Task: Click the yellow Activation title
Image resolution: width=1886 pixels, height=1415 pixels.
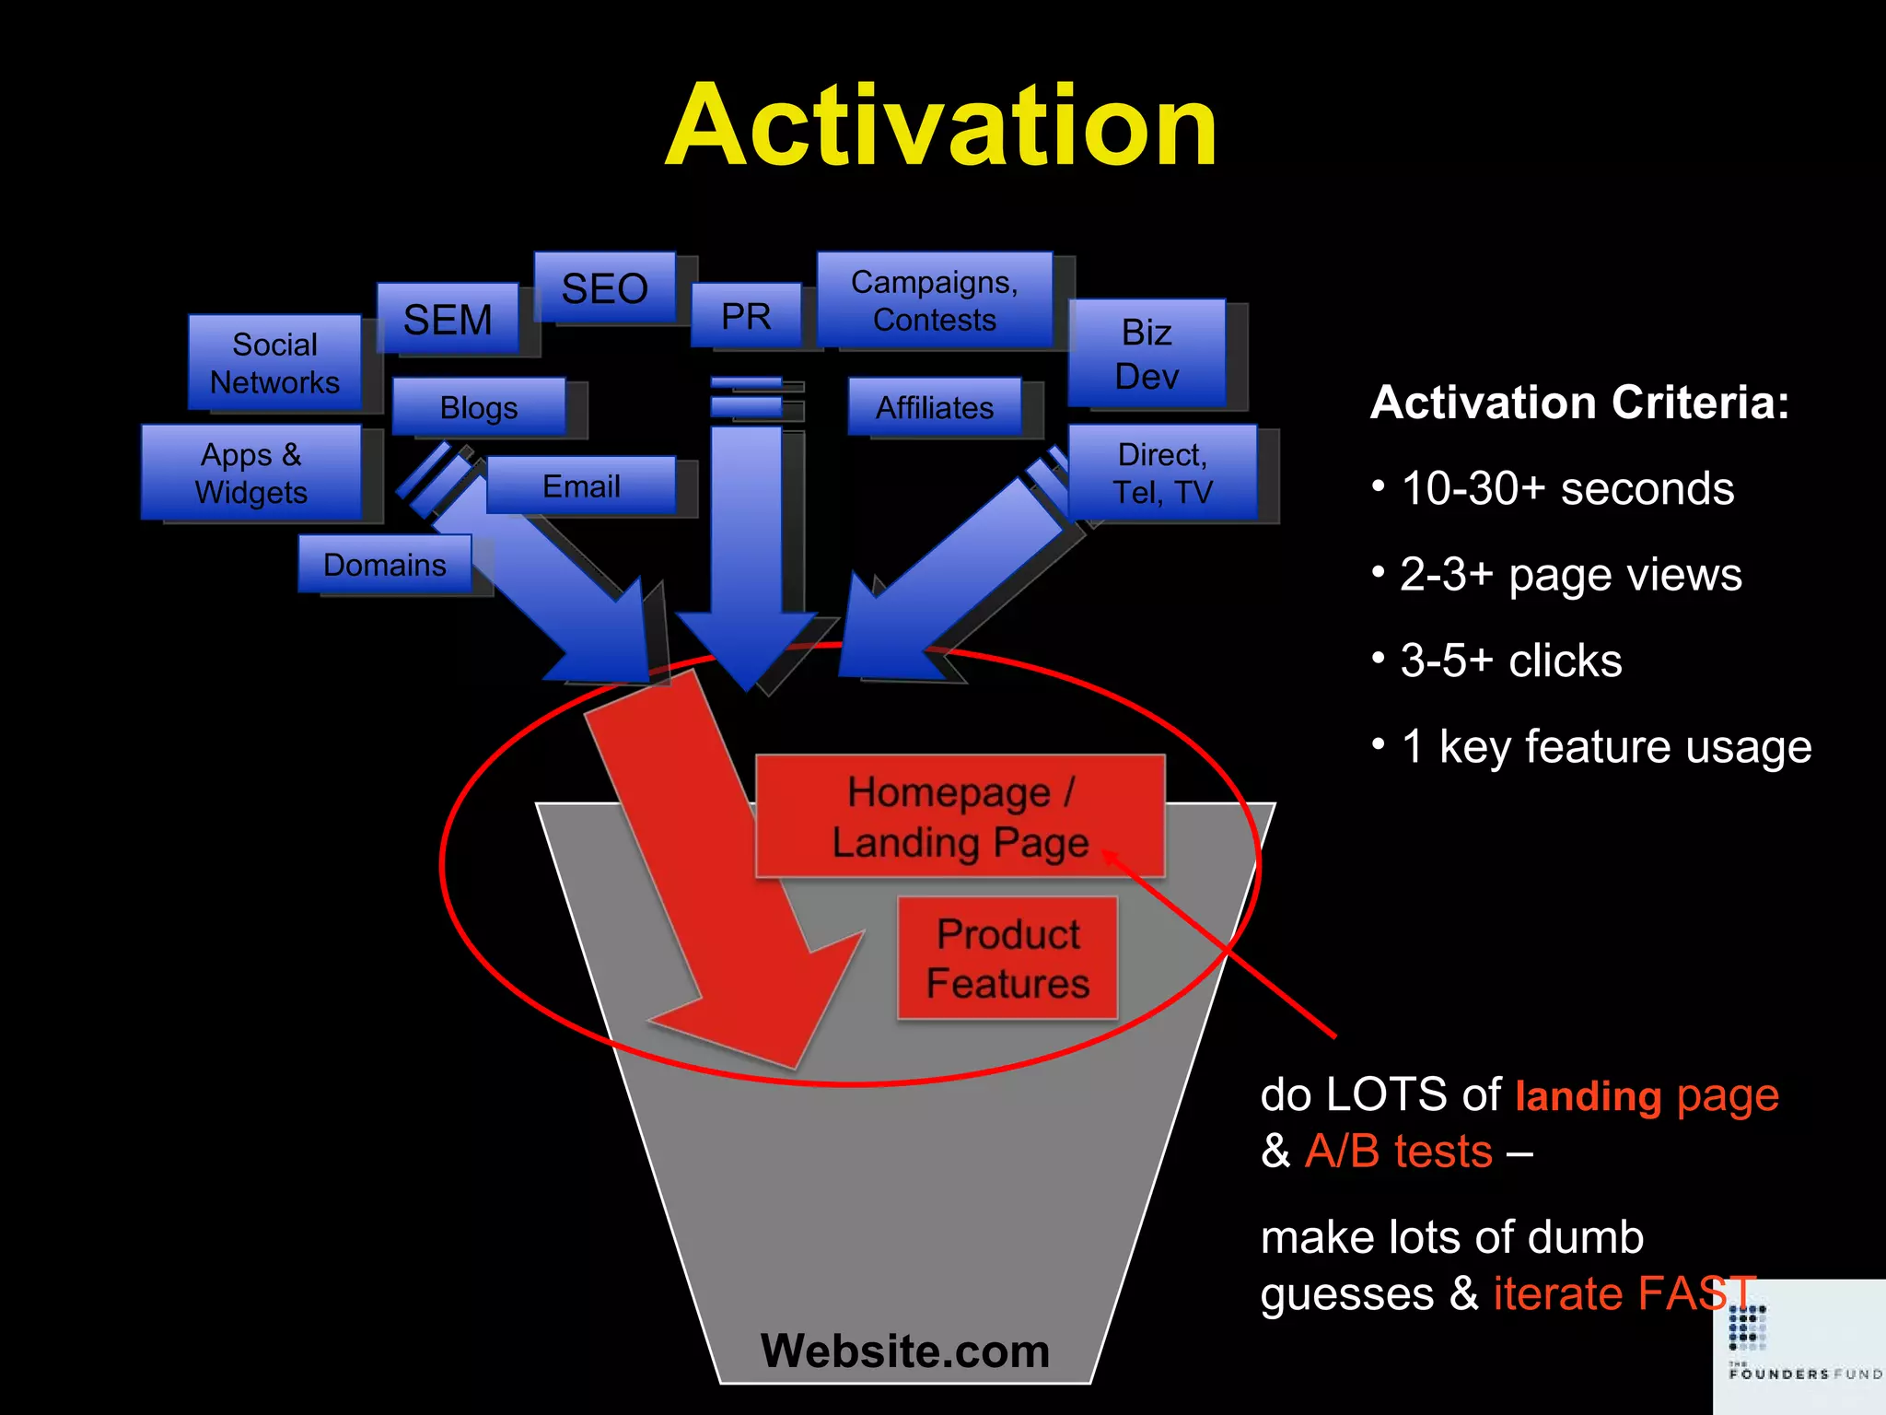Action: coord(941,126)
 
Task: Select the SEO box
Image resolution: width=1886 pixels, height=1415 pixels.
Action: coord(605,287)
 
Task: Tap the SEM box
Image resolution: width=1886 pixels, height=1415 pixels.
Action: coord(448,319)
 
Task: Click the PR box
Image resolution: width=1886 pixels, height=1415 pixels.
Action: coord(746,315)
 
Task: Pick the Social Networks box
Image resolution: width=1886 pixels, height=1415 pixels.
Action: coord(274,362)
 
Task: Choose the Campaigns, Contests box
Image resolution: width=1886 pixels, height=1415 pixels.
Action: coord(934,299)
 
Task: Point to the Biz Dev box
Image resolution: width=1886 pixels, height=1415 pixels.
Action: coord(1147,353)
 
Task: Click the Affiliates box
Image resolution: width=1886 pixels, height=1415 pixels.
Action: coord(934,406)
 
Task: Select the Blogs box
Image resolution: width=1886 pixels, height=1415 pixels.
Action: coord(478,406)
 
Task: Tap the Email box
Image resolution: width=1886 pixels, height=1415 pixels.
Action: coord(581,485)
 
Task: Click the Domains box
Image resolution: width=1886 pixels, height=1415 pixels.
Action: coord(384,564)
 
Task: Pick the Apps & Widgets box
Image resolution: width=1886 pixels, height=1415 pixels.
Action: coord(250,472)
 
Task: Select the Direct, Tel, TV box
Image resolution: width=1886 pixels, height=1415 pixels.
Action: coord(1162,472)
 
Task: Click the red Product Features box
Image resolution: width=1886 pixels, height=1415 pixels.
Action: coord(1007,958)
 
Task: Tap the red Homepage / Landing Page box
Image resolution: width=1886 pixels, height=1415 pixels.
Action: coord(960,816)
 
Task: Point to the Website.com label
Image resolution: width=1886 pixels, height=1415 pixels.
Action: coord(904,1351)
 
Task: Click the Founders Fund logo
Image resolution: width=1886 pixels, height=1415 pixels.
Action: coord(1798,1345)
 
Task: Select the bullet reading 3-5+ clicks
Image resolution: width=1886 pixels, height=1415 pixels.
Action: coord(1510,660)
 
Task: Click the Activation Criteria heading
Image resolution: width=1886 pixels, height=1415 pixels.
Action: coord(1579,403)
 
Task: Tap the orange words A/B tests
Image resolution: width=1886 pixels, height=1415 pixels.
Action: coord(1398,1151)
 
